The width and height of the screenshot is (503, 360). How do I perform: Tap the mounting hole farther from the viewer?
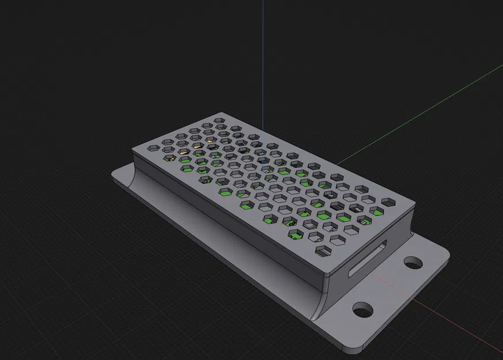point(413,263)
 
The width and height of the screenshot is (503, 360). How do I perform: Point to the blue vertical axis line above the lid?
point(263,58)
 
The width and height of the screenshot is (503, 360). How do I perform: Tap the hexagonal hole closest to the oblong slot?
point(323,251)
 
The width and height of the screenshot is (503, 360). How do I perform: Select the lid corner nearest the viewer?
point(325,275)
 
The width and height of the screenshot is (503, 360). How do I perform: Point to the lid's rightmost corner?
point(413,205)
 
